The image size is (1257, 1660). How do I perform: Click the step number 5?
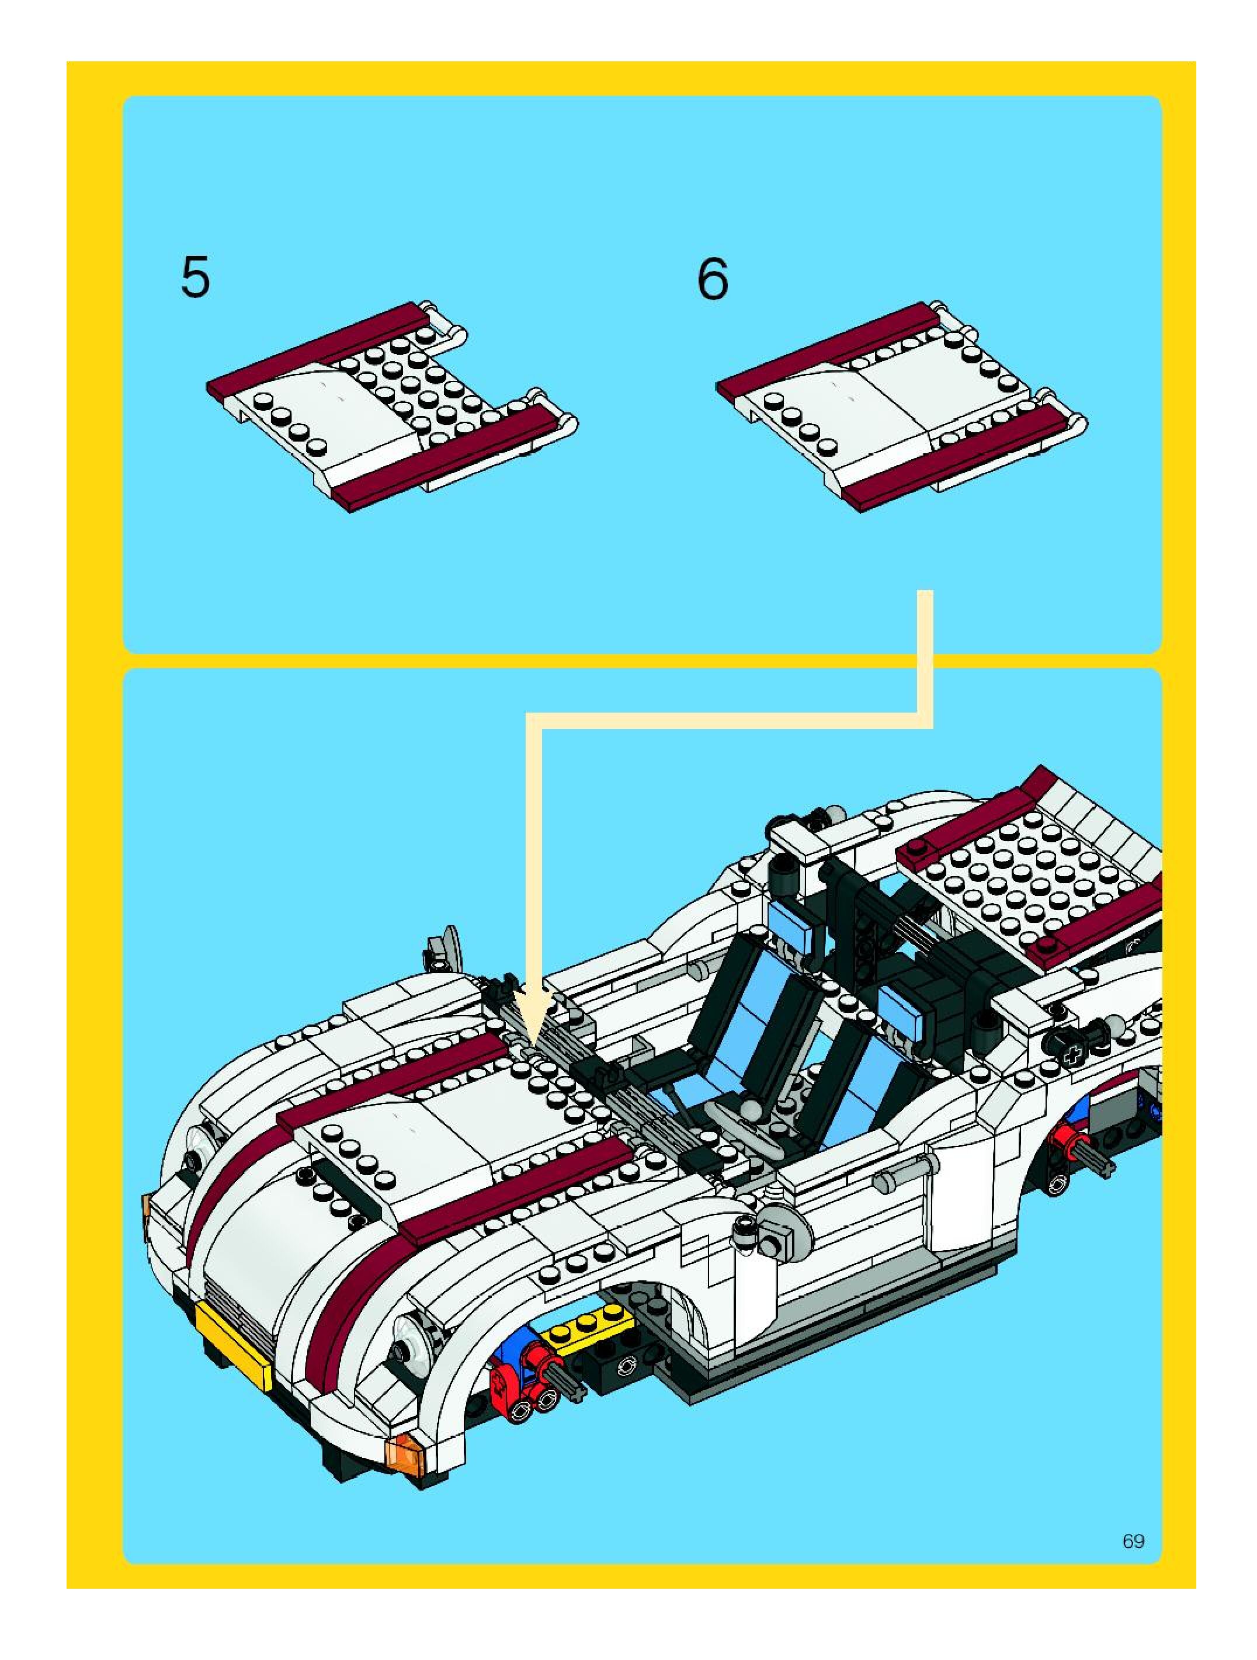point(195,277)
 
